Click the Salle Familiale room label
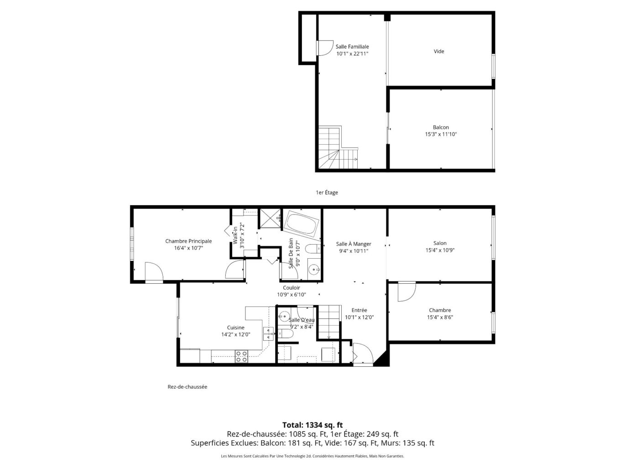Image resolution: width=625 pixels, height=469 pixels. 352,47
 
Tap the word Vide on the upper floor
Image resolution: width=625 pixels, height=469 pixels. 439,51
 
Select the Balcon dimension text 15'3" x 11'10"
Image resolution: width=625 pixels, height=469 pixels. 441,134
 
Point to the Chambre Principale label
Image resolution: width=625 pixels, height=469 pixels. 188,241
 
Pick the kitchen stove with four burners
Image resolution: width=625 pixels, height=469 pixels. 241,356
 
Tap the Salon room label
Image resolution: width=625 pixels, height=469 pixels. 440,243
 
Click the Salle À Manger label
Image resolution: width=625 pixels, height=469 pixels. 354,244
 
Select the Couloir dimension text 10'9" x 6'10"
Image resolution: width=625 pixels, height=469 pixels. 292,294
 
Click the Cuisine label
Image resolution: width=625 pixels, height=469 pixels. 236,328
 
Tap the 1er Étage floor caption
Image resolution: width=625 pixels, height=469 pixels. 327,193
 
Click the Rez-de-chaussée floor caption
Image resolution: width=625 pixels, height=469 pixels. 187,387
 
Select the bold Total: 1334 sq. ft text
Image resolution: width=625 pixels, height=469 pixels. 312,425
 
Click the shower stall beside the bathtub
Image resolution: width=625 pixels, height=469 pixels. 269,218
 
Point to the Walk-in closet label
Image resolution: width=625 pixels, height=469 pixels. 235,235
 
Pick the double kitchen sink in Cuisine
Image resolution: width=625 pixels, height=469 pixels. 269,334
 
